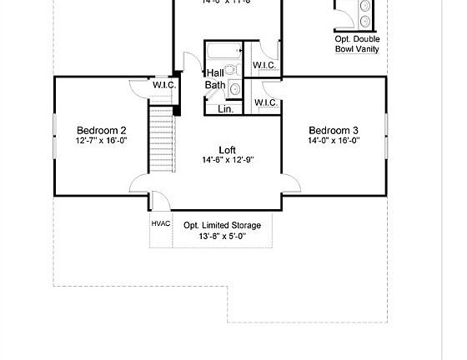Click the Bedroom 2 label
click(102, 130)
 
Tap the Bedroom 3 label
click(334, 130)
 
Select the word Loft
click(216, 150)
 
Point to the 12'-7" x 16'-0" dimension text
click(102, 141)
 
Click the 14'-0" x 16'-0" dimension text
click(334, 141)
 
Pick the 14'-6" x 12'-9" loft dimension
click(216, 160)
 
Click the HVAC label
click(160, 224)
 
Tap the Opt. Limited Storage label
click(222, 225)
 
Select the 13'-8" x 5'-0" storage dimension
click(222, 236)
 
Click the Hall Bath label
click(215, 78)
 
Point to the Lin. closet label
click(225, 108)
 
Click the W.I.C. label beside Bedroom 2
click(163, 85)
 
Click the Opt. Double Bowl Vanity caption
click(358, 44)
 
